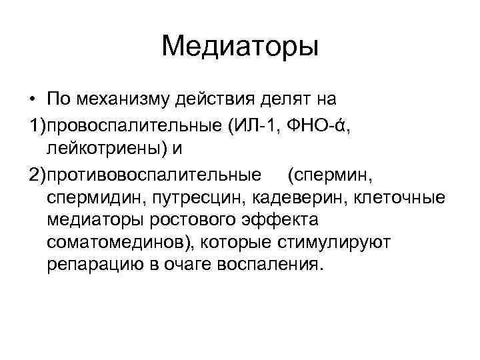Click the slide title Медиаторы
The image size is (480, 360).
click(240, 47)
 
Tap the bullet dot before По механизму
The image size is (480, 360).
click(31, 100)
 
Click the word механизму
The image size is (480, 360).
click(125, 99)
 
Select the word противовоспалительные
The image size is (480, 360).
click(153, 175)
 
